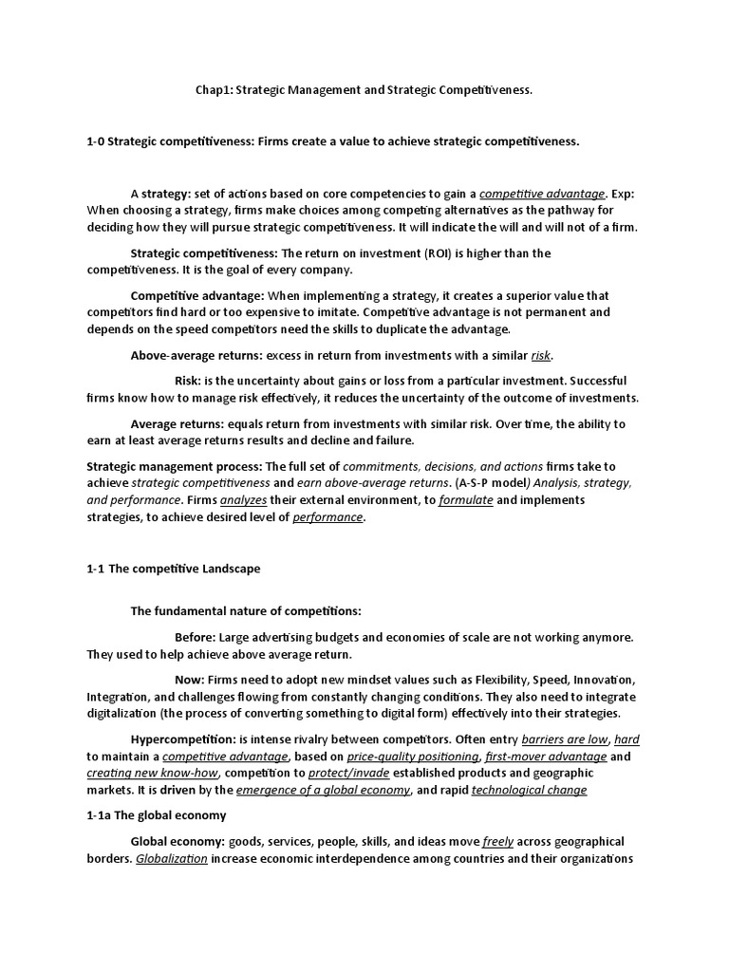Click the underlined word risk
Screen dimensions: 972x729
pyautogui.click(x=540, y=355)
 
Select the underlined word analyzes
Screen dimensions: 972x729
pyautogui.click(x=243, y=500)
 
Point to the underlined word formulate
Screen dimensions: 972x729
pyautogui.click(x=465, y=500)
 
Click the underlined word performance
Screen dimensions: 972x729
pyautogui.click(x=327, y=517)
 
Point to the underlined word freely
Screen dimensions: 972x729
pyautogui.click(x=497, y=842)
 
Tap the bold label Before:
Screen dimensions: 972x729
pyautogui.click(x=196, y=637)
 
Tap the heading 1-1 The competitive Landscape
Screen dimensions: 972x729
pyautogui.click(x=173, y=569)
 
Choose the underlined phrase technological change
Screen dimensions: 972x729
pyautogui.click(x=529, y=790)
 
